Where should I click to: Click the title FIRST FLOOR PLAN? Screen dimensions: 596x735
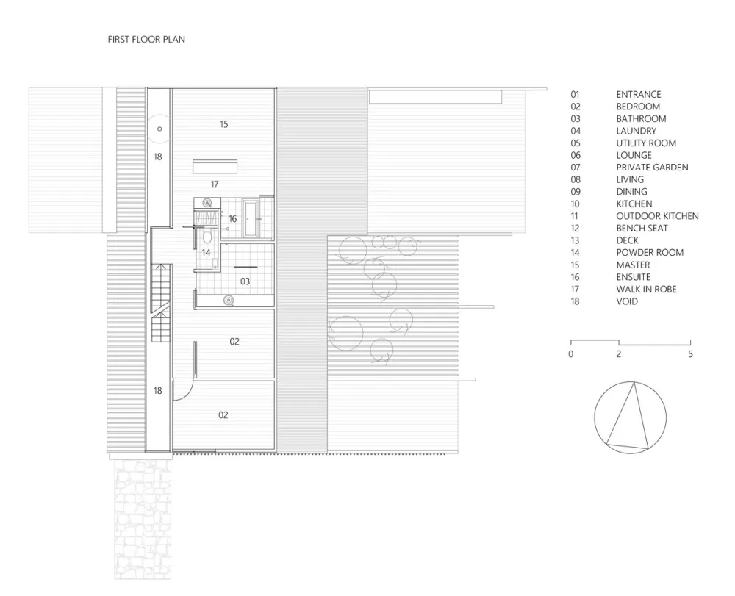click(146, 40)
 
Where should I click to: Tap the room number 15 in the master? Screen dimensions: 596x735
click(223, 124)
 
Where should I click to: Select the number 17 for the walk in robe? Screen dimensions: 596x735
click(215, 184)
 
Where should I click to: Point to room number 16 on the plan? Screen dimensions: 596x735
click(232, 219)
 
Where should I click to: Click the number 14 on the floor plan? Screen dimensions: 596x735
click(207, 252)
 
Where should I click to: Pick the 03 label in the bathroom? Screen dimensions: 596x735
click(245, 281)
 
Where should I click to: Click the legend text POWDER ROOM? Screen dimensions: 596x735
click(650, 253)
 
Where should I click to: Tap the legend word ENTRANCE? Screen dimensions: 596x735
click(638, 94)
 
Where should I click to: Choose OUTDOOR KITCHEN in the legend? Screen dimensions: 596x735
click(657, 216)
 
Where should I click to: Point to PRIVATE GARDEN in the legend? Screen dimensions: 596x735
click(652, 168)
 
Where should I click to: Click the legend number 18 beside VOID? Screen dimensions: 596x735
click(575, 301)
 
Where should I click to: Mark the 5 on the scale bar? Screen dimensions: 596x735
click(690, 354)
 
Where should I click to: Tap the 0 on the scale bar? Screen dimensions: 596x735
click(571, 354)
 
